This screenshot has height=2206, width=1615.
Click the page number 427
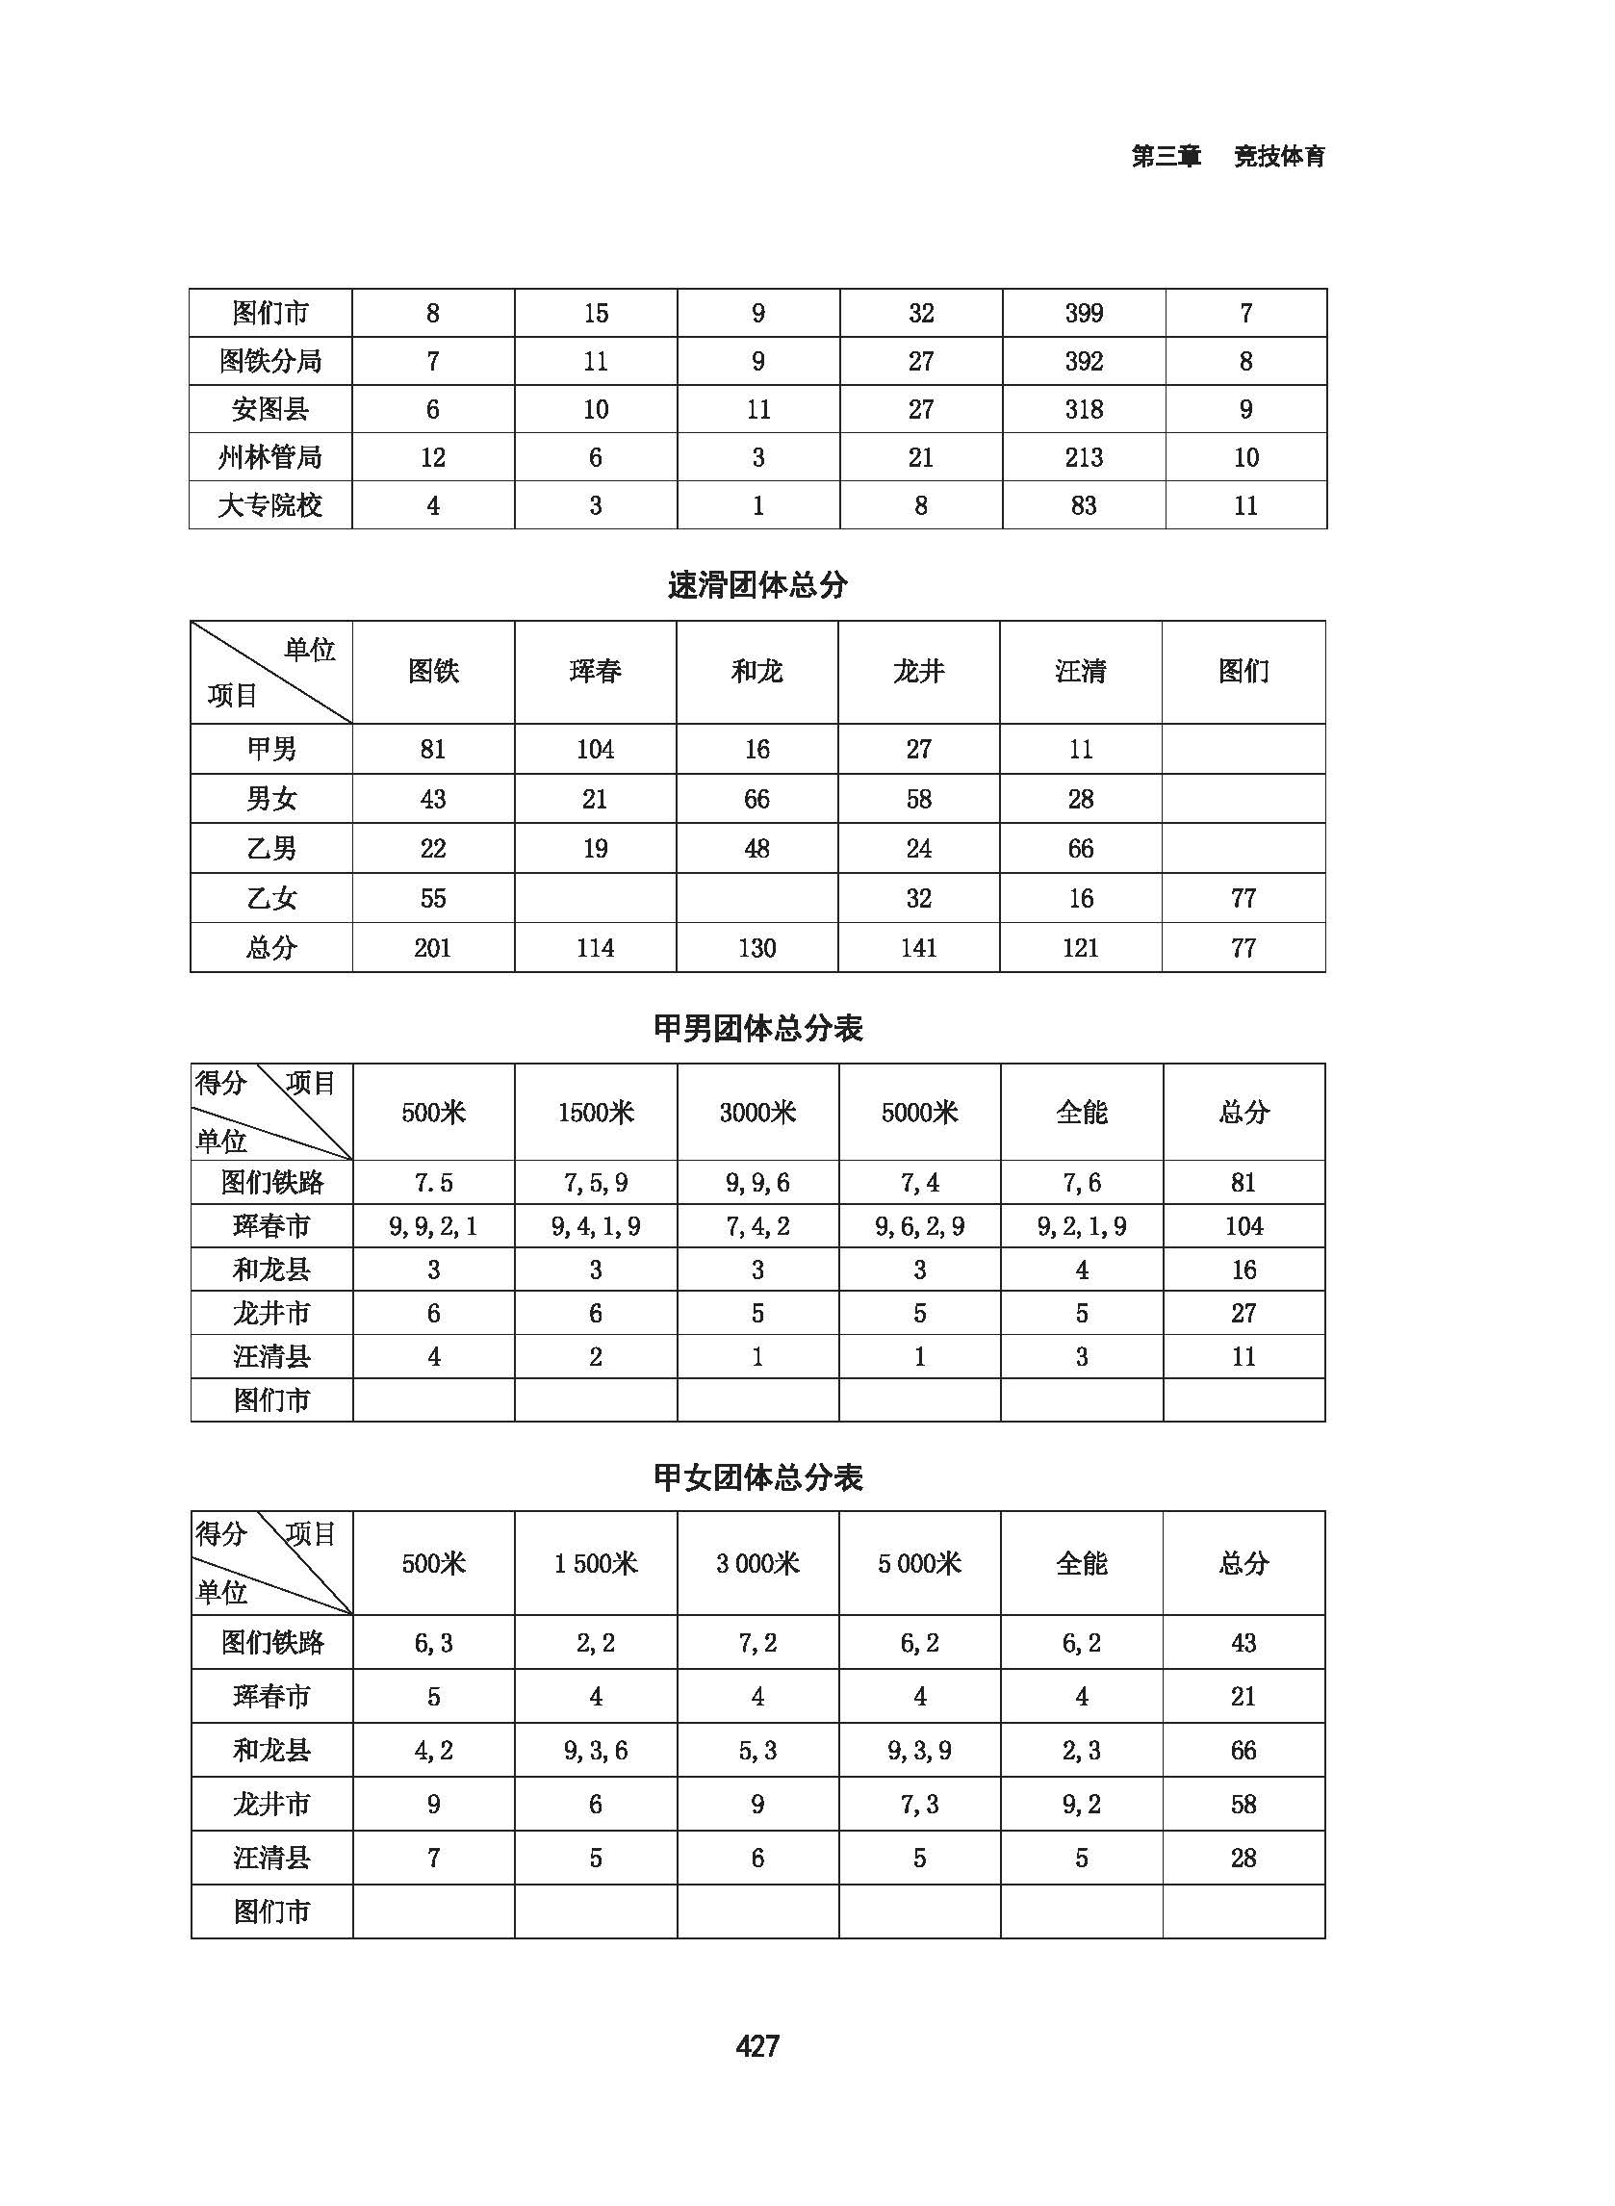(x=756, y=2044)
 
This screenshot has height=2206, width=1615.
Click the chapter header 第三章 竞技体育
(x=1228, y=156)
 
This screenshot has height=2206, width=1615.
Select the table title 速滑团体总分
(x=756, y=585)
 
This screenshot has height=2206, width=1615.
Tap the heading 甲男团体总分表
(x=756, y=1028)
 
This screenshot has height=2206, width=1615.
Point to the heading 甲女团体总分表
(x=756, y=1476)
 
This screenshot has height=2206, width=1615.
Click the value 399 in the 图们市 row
(x=1083, y=313)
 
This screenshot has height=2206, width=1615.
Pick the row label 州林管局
(x=269, y=457)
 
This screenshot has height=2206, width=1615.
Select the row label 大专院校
(x=269, y=505)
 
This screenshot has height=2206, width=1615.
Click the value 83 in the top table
(x=1083, y=505)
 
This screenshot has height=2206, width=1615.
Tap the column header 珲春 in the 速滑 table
(x=595, y=672)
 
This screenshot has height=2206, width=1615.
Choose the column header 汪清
(x=1080, y=672)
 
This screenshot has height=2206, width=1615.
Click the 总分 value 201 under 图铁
(x=432, y=948)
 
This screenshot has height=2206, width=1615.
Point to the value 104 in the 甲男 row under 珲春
(x=595, y=750)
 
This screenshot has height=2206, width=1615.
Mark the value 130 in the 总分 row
(x=756, y=948)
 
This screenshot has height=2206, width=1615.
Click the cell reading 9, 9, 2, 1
(x=432, y=1226)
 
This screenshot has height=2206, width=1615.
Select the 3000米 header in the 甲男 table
(x=757, y=1113)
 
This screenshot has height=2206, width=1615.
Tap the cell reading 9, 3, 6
(x=596, y=1750)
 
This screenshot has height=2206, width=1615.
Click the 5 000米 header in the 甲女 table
(x=919, y=1564)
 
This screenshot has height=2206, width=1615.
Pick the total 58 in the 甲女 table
(x=1243, y=1804)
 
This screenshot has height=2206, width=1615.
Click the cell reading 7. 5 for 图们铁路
(x=432, y=1183)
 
